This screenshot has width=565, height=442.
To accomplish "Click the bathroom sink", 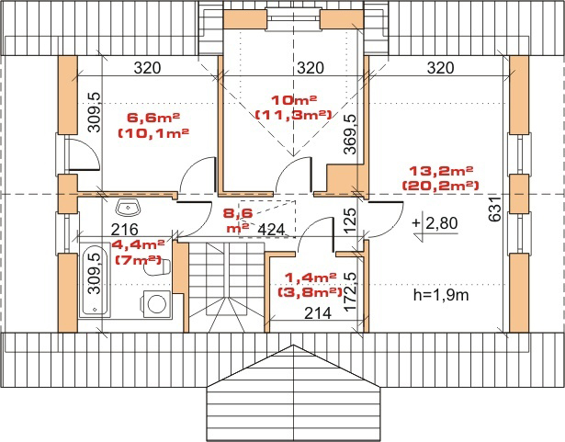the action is coord(128,208).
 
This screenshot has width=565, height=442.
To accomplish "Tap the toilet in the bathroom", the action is coord(157,267).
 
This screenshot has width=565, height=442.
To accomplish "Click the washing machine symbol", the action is coord(157,304).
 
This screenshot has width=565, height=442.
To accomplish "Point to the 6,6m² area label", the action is coord(153,118).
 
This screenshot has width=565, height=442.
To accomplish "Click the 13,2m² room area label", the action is coord(441,170).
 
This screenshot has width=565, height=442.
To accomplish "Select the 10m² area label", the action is coord(294,99).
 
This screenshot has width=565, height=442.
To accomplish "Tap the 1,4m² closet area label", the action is coord(311,277).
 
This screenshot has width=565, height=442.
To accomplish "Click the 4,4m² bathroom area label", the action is coord(138,244).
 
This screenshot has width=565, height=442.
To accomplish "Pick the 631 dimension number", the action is coord(495,210).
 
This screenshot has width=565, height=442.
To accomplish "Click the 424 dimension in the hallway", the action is coord(272,230).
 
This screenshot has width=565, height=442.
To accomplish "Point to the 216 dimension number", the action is coord(125,230).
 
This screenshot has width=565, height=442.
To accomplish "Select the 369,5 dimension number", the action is coord(349,134).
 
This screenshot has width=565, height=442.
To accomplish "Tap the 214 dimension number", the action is coord(318,313).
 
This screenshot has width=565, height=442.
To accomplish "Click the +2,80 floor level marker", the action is coord(435,223).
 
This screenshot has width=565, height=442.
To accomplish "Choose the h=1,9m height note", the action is coord(441,295).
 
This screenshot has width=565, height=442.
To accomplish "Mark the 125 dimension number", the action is coord(350,220).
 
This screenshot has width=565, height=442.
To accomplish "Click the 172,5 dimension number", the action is coord(350,292).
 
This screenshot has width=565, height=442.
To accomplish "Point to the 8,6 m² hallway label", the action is coord(238,220).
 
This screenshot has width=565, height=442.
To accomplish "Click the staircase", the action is coord(226,287).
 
